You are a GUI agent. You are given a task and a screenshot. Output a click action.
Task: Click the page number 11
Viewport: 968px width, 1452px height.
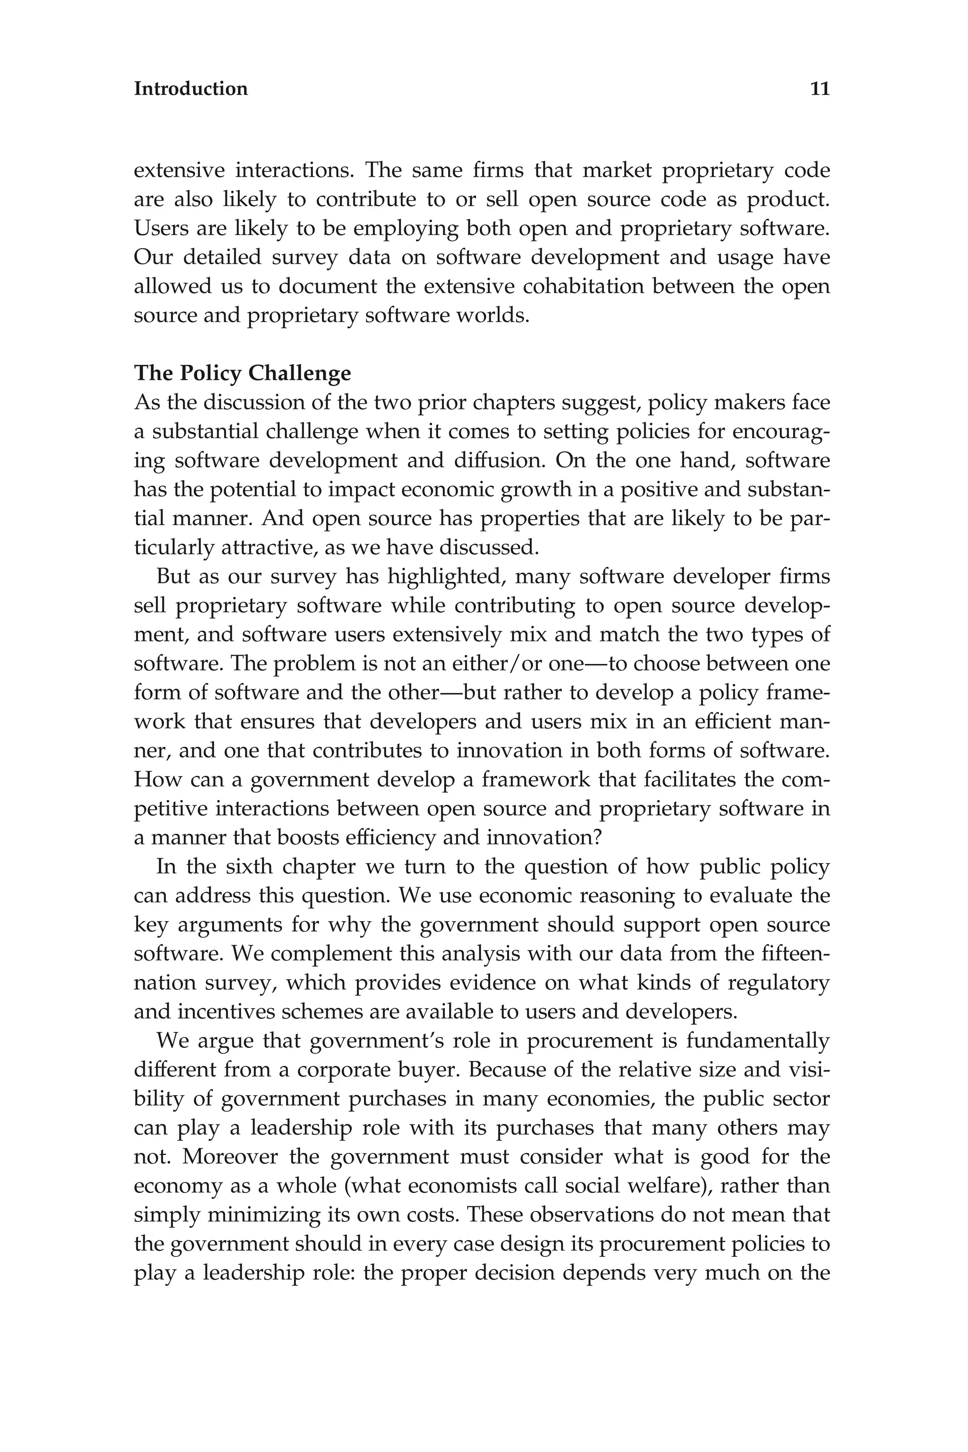[819, 89]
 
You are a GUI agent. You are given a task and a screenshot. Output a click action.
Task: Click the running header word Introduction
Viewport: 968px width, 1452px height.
[191, 89]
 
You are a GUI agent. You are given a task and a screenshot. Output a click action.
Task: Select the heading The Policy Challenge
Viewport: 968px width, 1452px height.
[242, 373]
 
